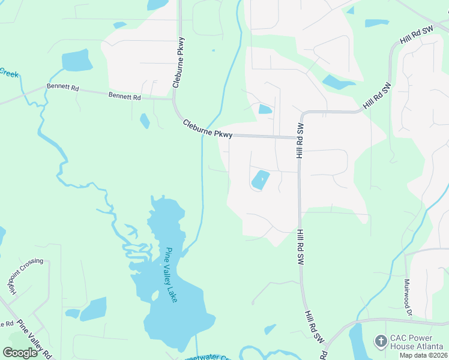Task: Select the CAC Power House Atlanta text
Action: pos(416,342)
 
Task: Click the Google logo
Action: pos(20,352)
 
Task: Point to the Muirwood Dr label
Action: pos(408,296)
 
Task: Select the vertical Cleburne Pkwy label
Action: pos(178,62)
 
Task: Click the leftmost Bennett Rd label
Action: pos(62,88)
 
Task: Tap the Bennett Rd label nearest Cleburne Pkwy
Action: pos(124,96)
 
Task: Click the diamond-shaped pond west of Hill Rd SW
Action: pos(261,179)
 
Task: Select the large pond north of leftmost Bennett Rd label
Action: pos(76,60)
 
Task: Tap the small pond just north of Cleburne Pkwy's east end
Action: pos(265,109)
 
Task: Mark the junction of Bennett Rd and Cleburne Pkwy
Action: pos(173,99)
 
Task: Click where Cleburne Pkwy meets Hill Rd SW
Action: pos(299,137)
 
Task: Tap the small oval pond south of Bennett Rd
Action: pos(145,121)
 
